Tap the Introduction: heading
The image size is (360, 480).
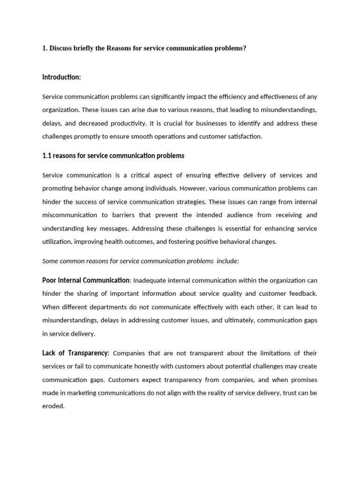pyautogui.click(x=61, y=76)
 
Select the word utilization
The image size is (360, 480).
pyautogui.click(x=56, y=242)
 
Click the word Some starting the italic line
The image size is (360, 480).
pyautogui.click(x=51, y=261)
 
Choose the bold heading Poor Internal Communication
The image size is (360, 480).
pyautogui.click(x=86, y=280)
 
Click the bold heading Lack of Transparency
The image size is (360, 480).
pyautogui.click(x=76, y=352)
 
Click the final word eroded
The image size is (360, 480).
pyautogui.click(x=53, y=406)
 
